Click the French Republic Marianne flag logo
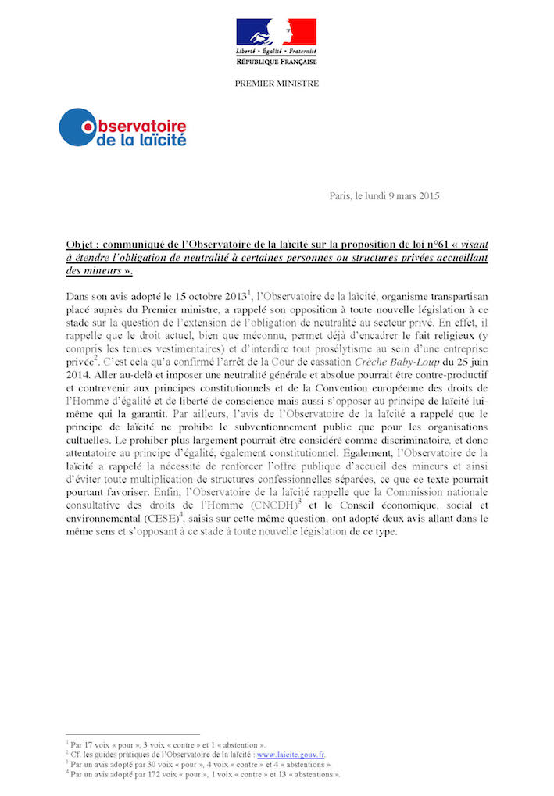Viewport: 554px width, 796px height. [276, 31]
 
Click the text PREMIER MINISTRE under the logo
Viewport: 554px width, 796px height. [277, 84]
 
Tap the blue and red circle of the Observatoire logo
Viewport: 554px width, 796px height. [77, 127]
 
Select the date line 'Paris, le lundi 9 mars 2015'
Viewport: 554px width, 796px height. [384, 195]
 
